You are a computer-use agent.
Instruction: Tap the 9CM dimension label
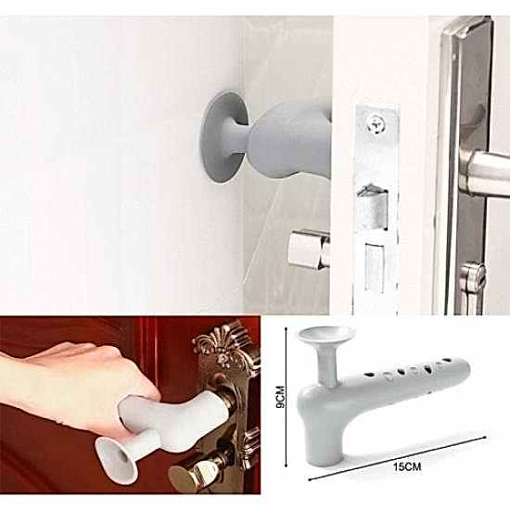point(280,397)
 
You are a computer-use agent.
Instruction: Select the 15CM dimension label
point(407,466)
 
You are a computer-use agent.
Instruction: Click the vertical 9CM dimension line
point(286,397)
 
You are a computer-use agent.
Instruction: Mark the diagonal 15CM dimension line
point(397,458)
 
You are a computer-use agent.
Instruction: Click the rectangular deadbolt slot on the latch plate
point(375,267)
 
